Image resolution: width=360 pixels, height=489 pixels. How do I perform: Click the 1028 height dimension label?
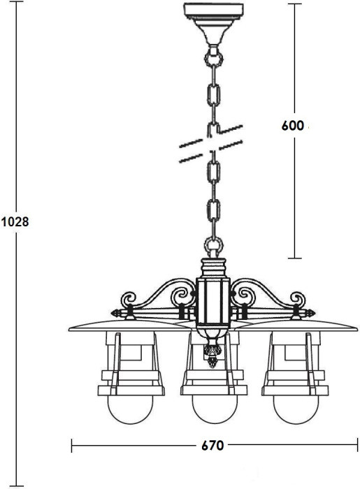(14, 223)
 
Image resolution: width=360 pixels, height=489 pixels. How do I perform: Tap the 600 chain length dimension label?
(292, 126)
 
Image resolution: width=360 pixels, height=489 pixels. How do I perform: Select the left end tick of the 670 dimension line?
(73, 444)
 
